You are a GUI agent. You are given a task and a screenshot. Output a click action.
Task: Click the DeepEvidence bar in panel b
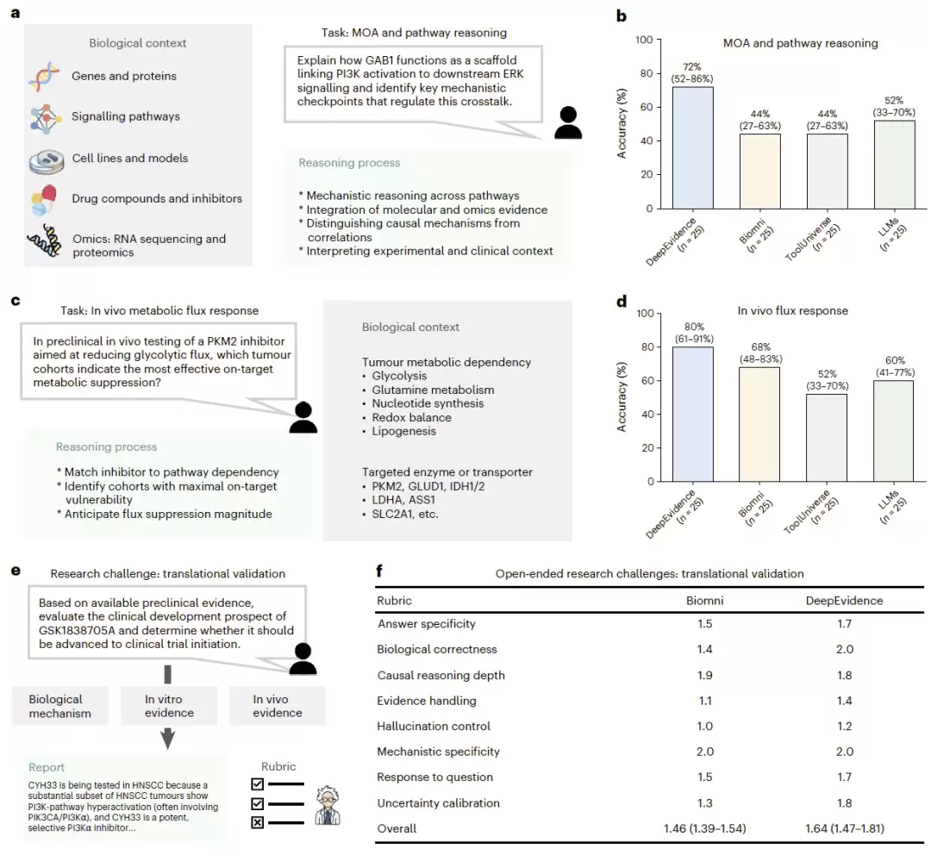click(x=693, y=148)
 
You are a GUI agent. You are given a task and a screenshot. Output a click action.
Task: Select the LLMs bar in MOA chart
click(x=894, y=165)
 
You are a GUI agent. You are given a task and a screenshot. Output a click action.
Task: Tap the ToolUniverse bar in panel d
click(x=827, y=438)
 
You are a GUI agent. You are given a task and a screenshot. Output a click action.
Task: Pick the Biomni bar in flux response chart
click(x=759, y=425)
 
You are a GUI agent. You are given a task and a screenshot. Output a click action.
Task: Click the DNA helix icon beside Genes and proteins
click(x=44, y=77)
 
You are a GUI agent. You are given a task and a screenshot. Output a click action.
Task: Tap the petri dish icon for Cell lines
click(x=47, y=161)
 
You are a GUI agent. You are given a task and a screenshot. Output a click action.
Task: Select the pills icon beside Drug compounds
click(x=43, y=200)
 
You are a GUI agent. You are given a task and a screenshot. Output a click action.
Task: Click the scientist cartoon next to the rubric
click(x=328, y=805)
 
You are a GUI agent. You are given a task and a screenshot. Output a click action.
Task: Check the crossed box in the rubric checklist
click(x=257, y=822)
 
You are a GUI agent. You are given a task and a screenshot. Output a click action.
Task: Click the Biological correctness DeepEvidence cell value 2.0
click(x=844, y=649)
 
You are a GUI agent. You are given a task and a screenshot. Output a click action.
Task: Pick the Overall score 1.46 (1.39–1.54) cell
click(x=705, y=828)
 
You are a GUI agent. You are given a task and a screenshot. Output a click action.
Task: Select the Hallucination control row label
click(x=434, y=727)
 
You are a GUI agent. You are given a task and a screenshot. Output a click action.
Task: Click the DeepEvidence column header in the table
click(x=844, y=600)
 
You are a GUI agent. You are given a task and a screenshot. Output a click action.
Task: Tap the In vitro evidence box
click(x=169, y=706)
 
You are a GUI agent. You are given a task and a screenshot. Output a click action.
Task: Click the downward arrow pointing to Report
click(x=168, y=739)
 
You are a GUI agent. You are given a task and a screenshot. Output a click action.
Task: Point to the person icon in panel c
click(x=303, y=417)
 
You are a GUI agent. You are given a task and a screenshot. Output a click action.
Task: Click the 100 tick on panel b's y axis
click(x=644, y=40)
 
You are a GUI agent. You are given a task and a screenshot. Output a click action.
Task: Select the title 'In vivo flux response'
click(x=793, y=310)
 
